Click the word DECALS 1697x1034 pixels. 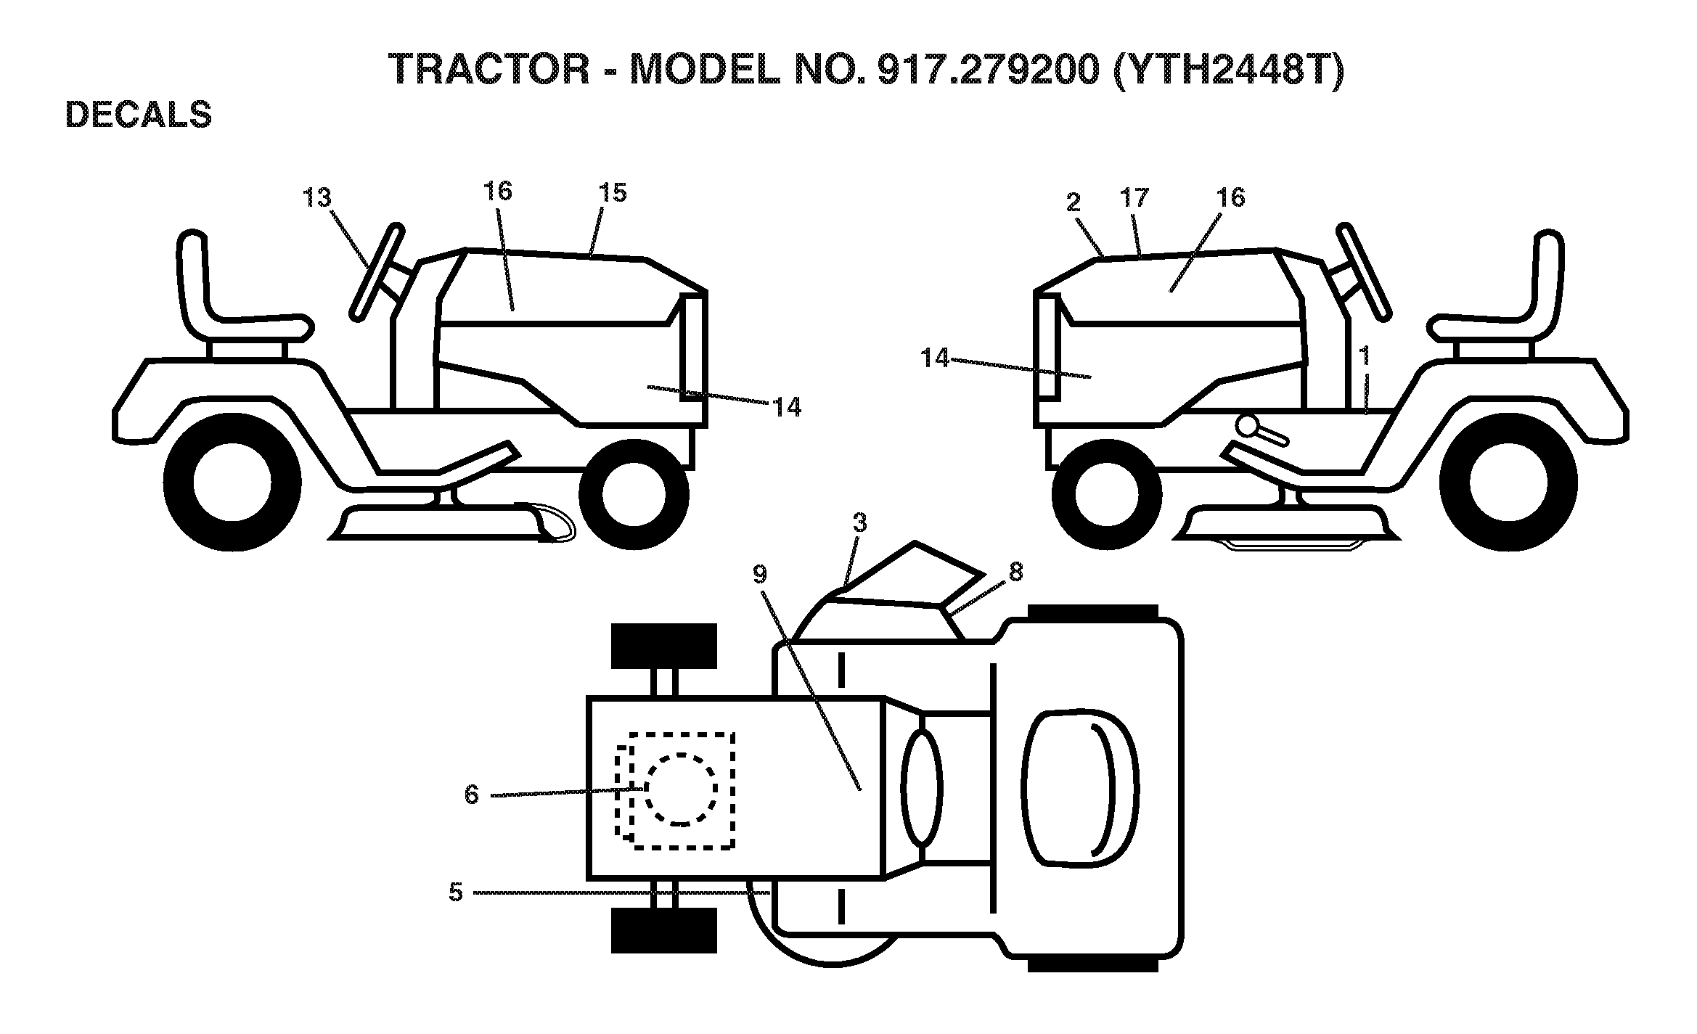coord(139,115)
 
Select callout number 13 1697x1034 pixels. coord(317,197)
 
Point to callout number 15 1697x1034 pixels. coord(613,192)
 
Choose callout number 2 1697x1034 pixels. coord(1074,202)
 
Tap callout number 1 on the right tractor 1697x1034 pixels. coord(1365,356)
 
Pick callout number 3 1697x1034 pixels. coord(859,523)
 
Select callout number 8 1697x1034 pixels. coord(1015,572)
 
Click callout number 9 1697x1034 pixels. coord(759,575)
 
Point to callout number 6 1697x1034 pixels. coord(472,795)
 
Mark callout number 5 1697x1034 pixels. coord(456,893)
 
